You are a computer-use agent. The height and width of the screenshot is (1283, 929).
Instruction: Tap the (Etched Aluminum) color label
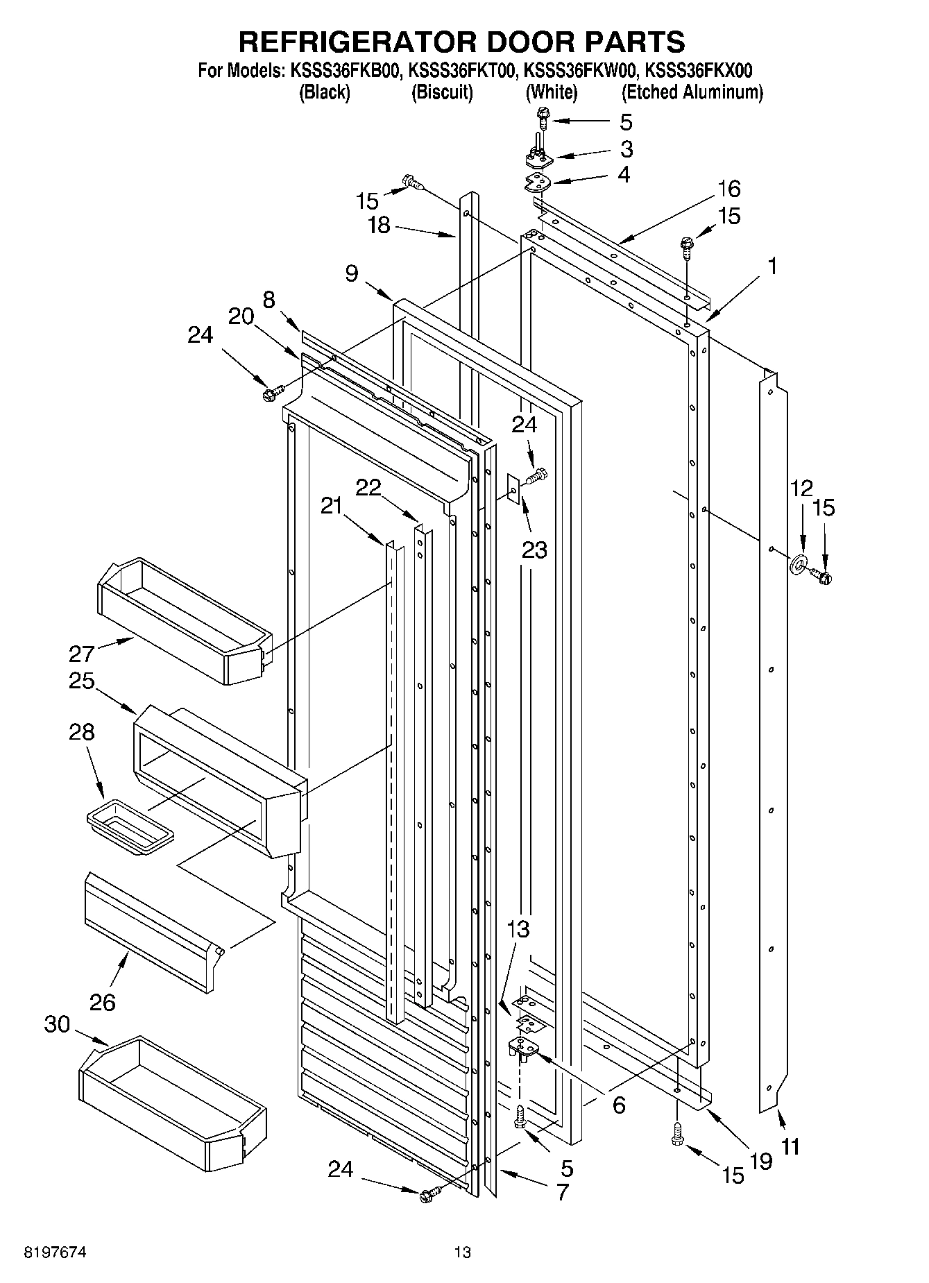692,92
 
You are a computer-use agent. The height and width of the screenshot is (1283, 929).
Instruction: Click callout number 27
81,654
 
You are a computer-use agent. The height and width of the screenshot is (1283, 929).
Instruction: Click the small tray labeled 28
130,826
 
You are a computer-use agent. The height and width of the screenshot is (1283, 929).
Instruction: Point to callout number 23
534,550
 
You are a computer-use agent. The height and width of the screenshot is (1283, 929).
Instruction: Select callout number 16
729,189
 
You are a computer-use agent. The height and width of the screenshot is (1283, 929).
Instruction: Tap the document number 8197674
49,1252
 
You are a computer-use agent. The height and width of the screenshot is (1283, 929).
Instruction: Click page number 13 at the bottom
463,1252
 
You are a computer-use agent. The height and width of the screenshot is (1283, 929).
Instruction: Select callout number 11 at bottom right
791,1146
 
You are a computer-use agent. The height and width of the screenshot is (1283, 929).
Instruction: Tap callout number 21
332,505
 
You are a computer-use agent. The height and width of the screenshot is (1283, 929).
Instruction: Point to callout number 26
103,1002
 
